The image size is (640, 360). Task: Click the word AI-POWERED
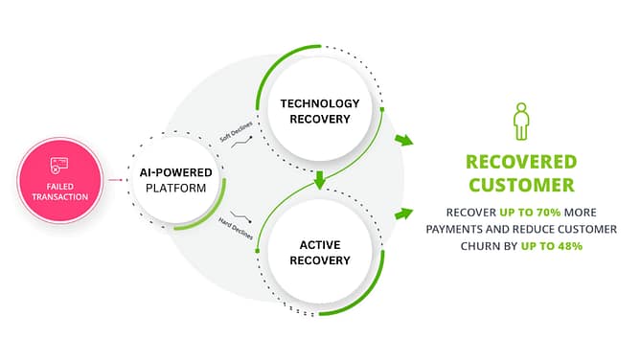point(175,172)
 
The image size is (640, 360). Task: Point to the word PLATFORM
point(175,189)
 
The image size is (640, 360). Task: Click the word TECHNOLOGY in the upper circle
point(319,102)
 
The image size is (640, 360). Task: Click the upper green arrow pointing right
point(404,141)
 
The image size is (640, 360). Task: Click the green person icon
point(521,122)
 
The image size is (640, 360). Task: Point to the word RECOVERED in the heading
point(521,161)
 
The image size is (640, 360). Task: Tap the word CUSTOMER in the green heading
point(521,185)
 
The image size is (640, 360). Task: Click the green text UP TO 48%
point(552,246)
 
